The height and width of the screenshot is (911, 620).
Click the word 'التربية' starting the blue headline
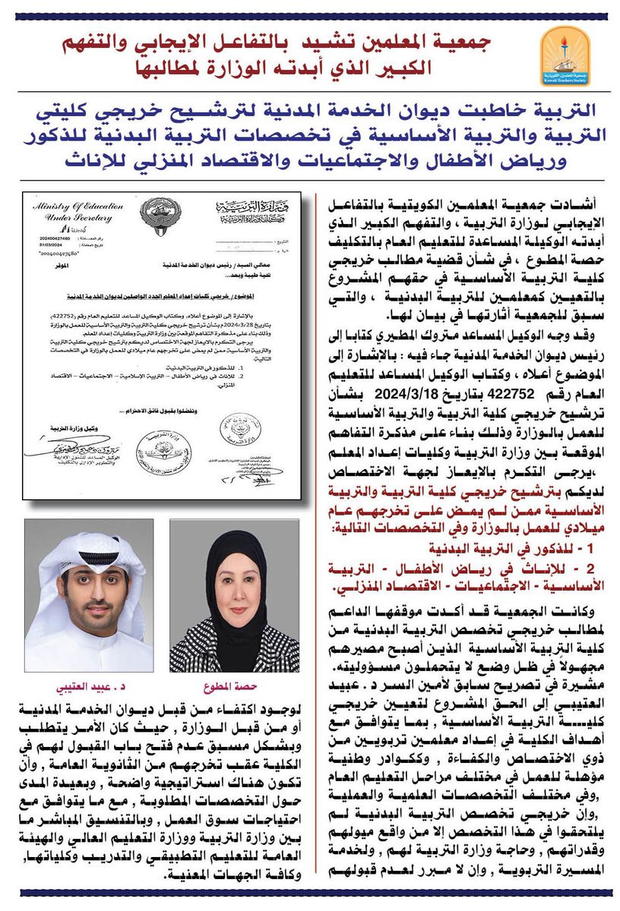[561, 114]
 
